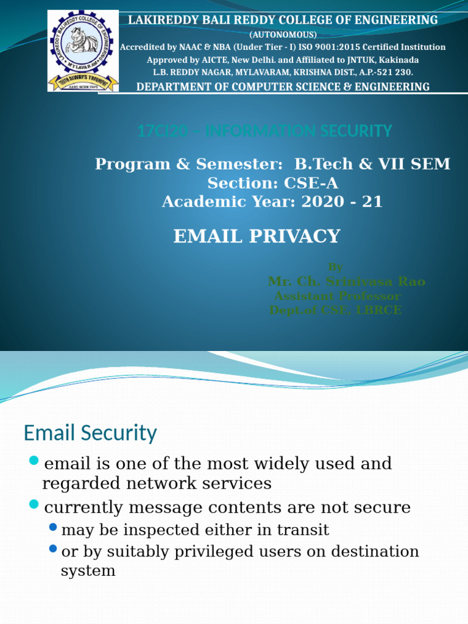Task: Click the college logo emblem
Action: [83, 50]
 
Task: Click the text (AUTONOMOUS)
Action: [283, 34]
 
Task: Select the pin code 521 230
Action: [395, 72]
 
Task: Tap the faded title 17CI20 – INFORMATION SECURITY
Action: [264, 130]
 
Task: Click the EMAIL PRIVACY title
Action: [257, 236]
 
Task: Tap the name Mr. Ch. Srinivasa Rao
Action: [346, 281]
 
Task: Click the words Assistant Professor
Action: [338, 296]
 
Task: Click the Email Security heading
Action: [90, 433]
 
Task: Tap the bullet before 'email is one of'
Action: [34, 459]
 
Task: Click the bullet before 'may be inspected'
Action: [53, 526]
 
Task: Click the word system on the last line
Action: [88, 571]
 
